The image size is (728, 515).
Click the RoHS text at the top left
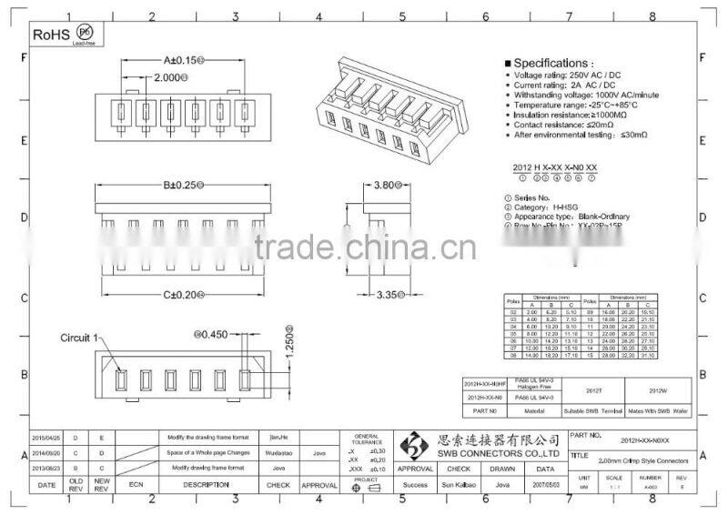tap(50, 34)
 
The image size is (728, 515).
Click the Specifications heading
tap(557, 64)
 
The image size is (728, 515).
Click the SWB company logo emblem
tap(415, 447)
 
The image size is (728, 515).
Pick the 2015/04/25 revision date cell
tap(45, 438)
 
